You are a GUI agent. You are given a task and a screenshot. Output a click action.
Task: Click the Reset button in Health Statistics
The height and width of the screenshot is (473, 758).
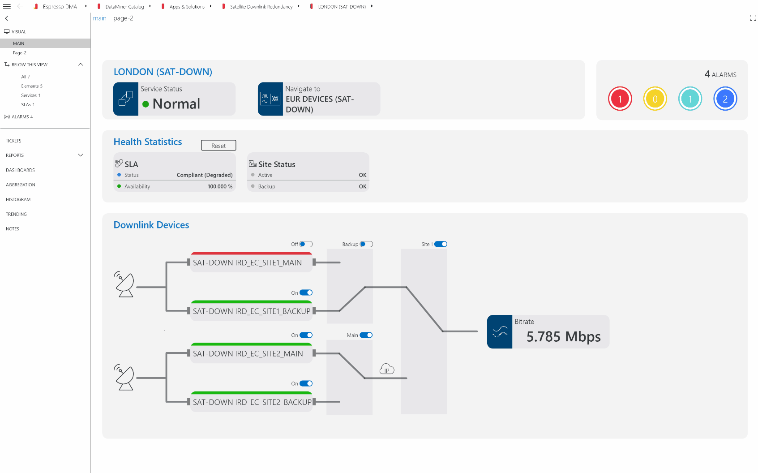(218, 145)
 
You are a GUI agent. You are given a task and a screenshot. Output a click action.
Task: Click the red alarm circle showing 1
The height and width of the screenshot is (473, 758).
(620, 99)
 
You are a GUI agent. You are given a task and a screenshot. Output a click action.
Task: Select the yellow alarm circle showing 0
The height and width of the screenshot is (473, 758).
(655, 99)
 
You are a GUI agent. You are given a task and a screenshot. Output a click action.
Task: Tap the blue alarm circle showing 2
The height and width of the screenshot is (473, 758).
(725, 99)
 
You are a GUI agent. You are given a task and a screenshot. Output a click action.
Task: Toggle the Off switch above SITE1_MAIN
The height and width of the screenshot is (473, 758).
(306, 244)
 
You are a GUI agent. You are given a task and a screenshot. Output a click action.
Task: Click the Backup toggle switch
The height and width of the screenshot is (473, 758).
(366, 244)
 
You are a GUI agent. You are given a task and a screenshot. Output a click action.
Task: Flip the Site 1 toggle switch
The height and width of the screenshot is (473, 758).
(441, 244)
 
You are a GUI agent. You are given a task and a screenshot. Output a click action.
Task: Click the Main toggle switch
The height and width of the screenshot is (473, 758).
(366, 335)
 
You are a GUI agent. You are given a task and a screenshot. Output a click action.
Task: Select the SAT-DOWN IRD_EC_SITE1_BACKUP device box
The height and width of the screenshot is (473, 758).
(252, 310)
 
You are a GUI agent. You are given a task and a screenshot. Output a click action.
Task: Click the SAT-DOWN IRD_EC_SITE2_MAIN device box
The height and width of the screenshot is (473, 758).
(252, 353)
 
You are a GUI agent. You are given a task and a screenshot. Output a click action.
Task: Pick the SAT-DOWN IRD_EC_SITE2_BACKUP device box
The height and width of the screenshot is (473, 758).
(252, 401)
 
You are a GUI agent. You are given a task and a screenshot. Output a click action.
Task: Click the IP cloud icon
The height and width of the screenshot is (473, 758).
(387, 369)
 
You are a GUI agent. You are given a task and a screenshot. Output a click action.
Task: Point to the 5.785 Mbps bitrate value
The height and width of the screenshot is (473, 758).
(563, 336)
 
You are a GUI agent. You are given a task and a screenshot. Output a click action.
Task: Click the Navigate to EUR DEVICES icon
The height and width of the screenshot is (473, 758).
(270, 99)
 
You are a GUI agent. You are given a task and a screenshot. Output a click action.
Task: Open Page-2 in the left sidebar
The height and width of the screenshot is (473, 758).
(20, 53)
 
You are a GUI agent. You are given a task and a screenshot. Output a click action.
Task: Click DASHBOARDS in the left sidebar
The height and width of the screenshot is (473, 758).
(20, 170)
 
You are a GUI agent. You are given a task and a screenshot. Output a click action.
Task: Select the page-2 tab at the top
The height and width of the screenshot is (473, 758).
(123, 18)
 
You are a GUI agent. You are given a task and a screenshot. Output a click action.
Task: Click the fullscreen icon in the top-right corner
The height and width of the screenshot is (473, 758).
(753, 17)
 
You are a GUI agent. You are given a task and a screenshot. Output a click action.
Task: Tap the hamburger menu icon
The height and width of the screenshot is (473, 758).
(7, 6)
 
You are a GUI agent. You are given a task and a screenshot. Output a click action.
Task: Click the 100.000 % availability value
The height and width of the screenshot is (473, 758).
(220, 187)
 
